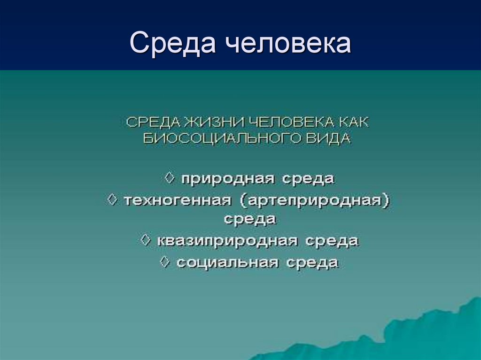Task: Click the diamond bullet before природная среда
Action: [x=170, y=178]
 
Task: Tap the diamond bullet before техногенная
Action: [x=112, y=199]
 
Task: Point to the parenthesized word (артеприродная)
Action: [x=316, y=200]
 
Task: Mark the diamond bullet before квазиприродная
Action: [x=146, y=240]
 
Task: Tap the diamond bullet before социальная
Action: [x=165, y=261]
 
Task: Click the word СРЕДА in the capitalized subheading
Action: [x=152, y=122]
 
